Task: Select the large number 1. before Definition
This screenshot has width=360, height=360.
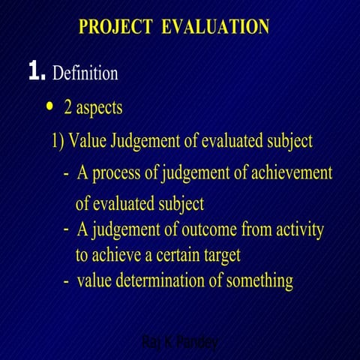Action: (x=37, y=73)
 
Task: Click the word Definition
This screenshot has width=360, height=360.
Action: (x=85, y=73)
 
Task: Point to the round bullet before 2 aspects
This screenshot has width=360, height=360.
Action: (x=49, y=106)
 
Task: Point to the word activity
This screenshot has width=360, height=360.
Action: (x=298, y=229)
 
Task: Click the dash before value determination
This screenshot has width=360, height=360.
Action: (x=66, y=282)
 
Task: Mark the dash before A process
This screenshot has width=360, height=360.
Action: (x=66, y=174)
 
